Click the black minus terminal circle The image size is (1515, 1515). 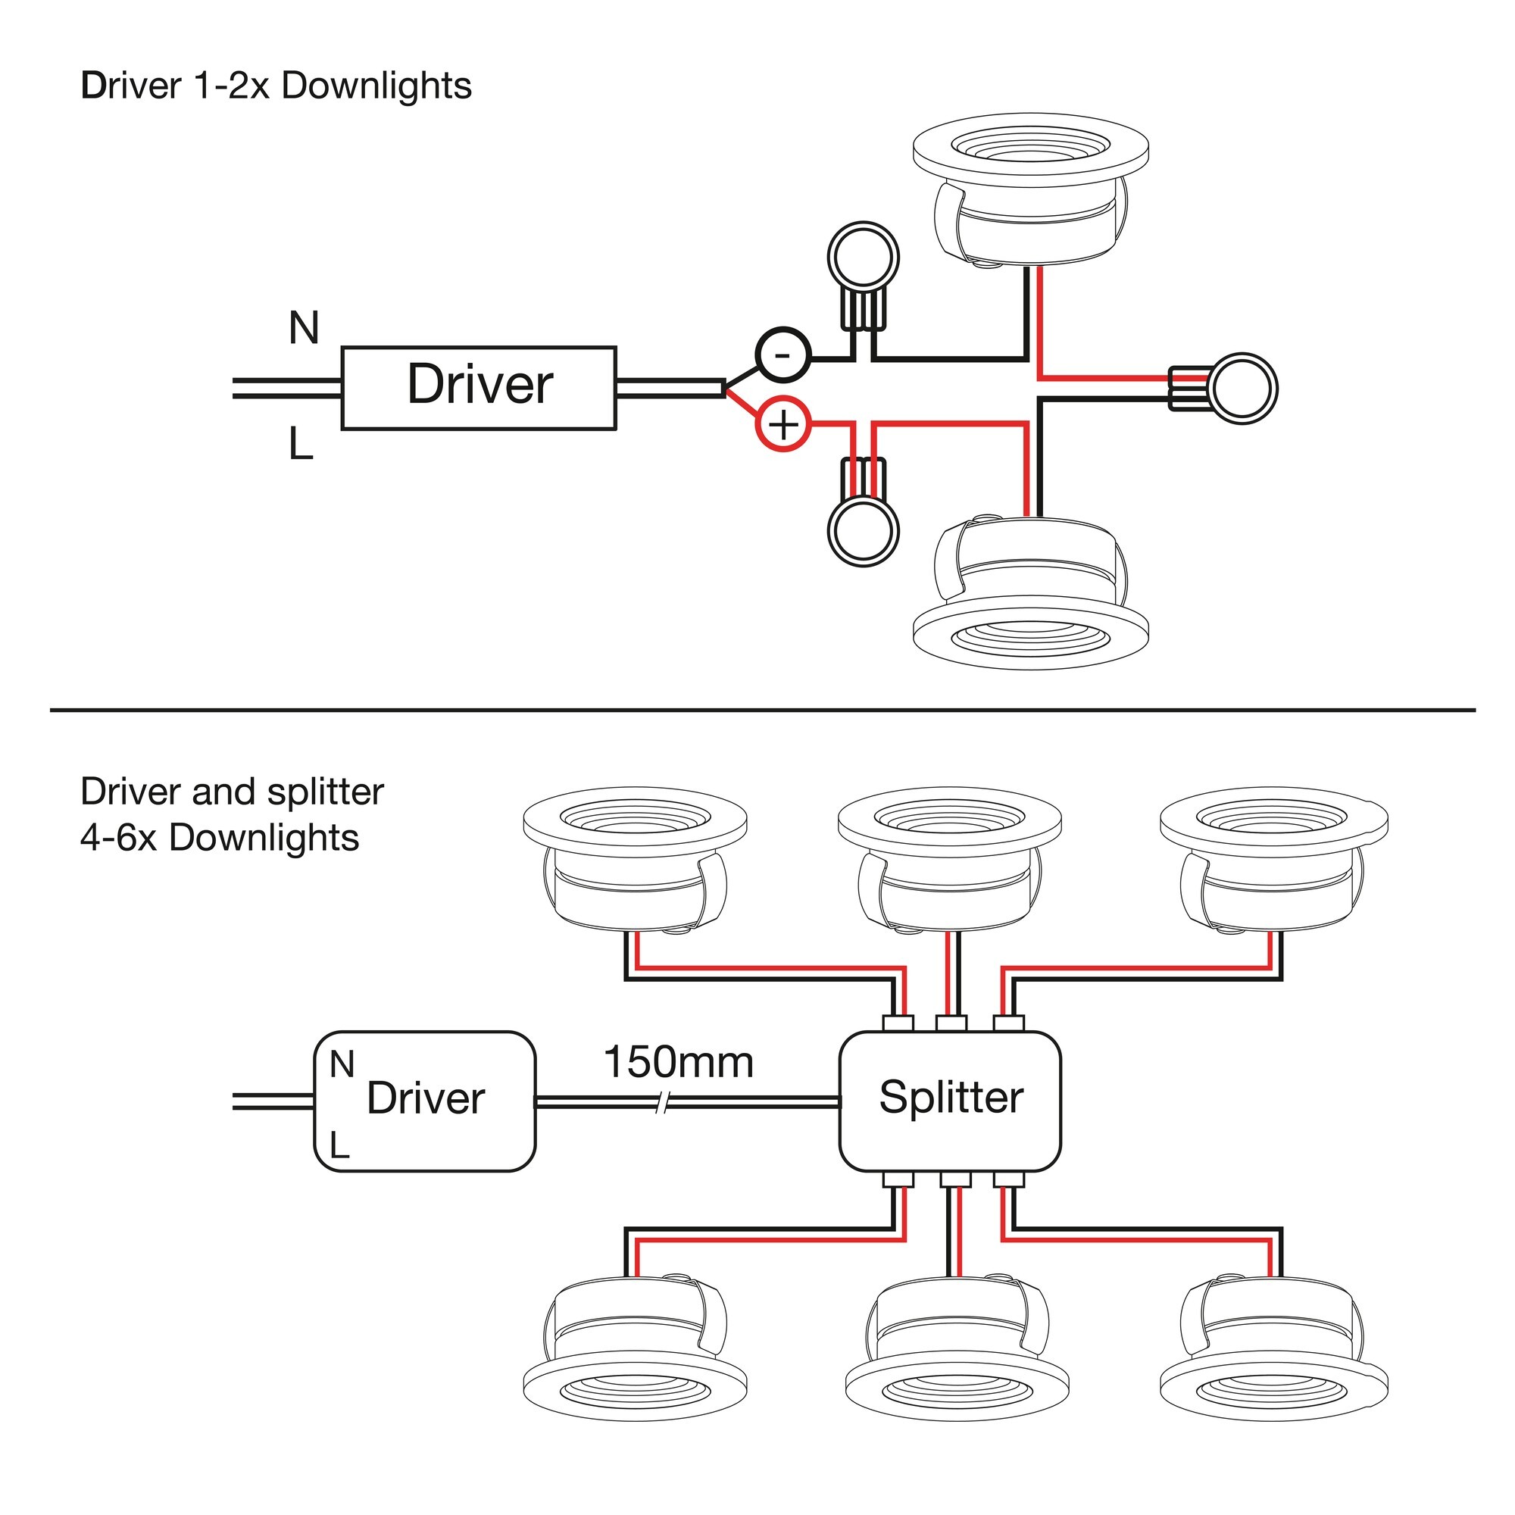click(x=782, y=355)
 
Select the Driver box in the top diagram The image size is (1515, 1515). click(x=478, y=387)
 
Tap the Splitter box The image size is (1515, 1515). click(x=950, y=1100)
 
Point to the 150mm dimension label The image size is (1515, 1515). click(x=678, y=1063)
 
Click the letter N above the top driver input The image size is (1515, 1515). click(x=304, y=328)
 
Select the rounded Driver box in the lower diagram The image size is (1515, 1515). click(x=424, y=1100)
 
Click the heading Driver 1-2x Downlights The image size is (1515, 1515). click(x=276, y=86)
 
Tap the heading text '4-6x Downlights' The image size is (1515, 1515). click(x=220, y=838)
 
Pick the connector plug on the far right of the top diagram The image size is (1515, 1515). click(x=1242, y=388)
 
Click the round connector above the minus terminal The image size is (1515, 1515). click(x=863, y=258)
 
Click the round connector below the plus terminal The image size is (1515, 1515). click(x=863, y=530)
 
